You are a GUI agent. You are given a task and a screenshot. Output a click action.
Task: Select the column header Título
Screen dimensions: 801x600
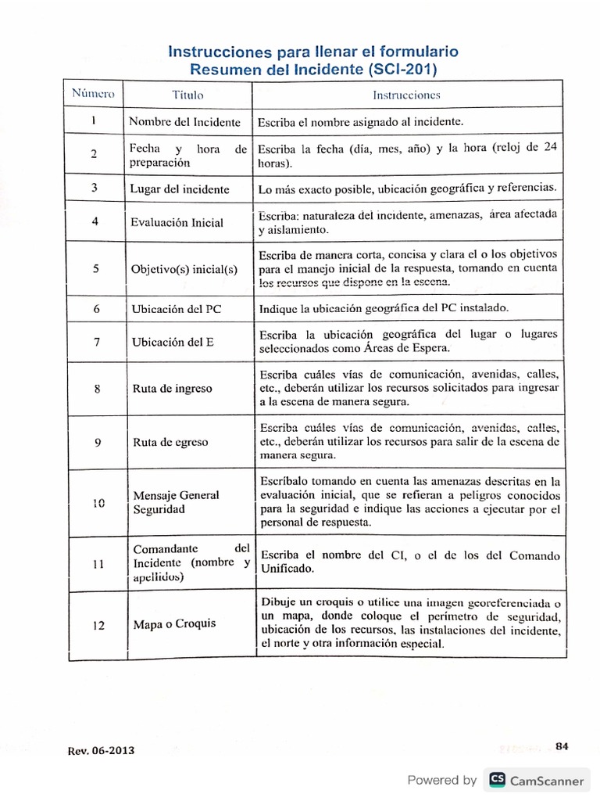[x=187, y=95]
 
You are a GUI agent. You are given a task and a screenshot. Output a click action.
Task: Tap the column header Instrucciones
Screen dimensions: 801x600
[x=406, y=95]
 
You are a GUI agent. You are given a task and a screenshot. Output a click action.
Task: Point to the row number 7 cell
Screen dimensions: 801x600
[x=95, y=343]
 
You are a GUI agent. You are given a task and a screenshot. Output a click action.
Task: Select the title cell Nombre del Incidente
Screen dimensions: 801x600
[x=184, y=122]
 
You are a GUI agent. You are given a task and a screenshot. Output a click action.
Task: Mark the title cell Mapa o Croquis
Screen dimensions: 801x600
[x=174, y=624]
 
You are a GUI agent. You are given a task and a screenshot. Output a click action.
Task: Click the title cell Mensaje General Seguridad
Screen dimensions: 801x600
[x=176, y=502]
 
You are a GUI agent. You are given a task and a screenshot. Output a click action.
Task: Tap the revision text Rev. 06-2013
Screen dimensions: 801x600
[x=101, y=750]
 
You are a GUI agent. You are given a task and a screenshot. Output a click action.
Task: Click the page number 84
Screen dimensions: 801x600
[x=561, y=745]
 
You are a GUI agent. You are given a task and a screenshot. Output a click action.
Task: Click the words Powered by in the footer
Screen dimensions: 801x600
[x=442, y=780]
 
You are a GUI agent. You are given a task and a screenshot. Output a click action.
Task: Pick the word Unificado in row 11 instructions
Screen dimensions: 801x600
[x=286, y=569]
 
